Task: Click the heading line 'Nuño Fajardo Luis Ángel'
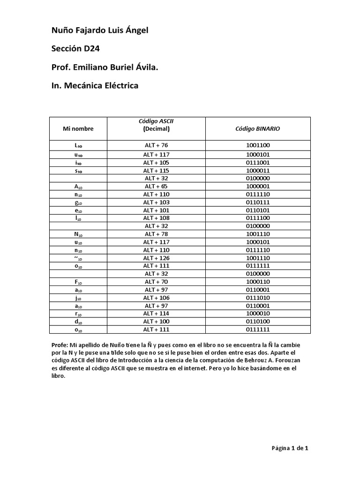click(x=99, y=31)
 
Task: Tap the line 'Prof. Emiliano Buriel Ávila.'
click(x=105, y=68)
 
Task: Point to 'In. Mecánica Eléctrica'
click(x=95, y=86)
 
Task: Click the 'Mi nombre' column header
click(x=78, y=128)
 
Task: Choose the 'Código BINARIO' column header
click(x=258, y=128)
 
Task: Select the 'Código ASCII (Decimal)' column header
click(x=157, y=125)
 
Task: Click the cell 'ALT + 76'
click(x=157, y=145)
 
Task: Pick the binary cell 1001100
click(x=258, y=145)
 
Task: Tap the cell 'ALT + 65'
click(x=157, y=186)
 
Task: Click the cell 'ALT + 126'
click(x=157, y=258)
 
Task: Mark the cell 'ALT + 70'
click(x=157, y=282)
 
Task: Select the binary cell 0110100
click(x=258, y=322)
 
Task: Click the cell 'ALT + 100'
click(x=157, y=322)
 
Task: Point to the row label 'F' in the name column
click(x=78, y=282)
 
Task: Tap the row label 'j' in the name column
click(x=78, y=298)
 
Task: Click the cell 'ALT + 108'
click(x=157, y=218)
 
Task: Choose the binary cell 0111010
click(x=258, y=298)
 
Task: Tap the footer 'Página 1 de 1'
click(x=290, y=448)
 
